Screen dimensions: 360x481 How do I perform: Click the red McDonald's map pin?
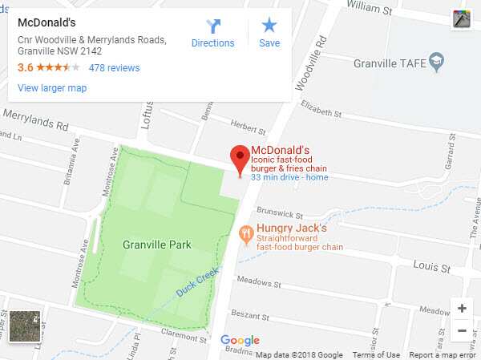pos(239,158)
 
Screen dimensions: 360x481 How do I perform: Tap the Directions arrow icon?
pos(213,26)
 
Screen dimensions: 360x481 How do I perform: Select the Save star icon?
pos(269,26)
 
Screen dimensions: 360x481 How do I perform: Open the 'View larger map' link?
pos(52,88)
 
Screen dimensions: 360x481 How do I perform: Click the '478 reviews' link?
pos(114,68)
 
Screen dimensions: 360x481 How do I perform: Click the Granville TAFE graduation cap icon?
pos(436,61)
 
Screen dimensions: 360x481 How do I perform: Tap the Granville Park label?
pos(157,245)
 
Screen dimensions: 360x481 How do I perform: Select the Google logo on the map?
pos(240,341)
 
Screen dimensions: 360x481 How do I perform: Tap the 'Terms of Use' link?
pos(376,355)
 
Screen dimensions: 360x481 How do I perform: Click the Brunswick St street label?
pos(280,214)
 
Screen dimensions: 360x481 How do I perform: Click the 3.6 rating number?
pos(25,68)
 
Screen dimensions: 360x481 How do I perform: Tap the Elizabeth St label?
pos(319,107)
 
